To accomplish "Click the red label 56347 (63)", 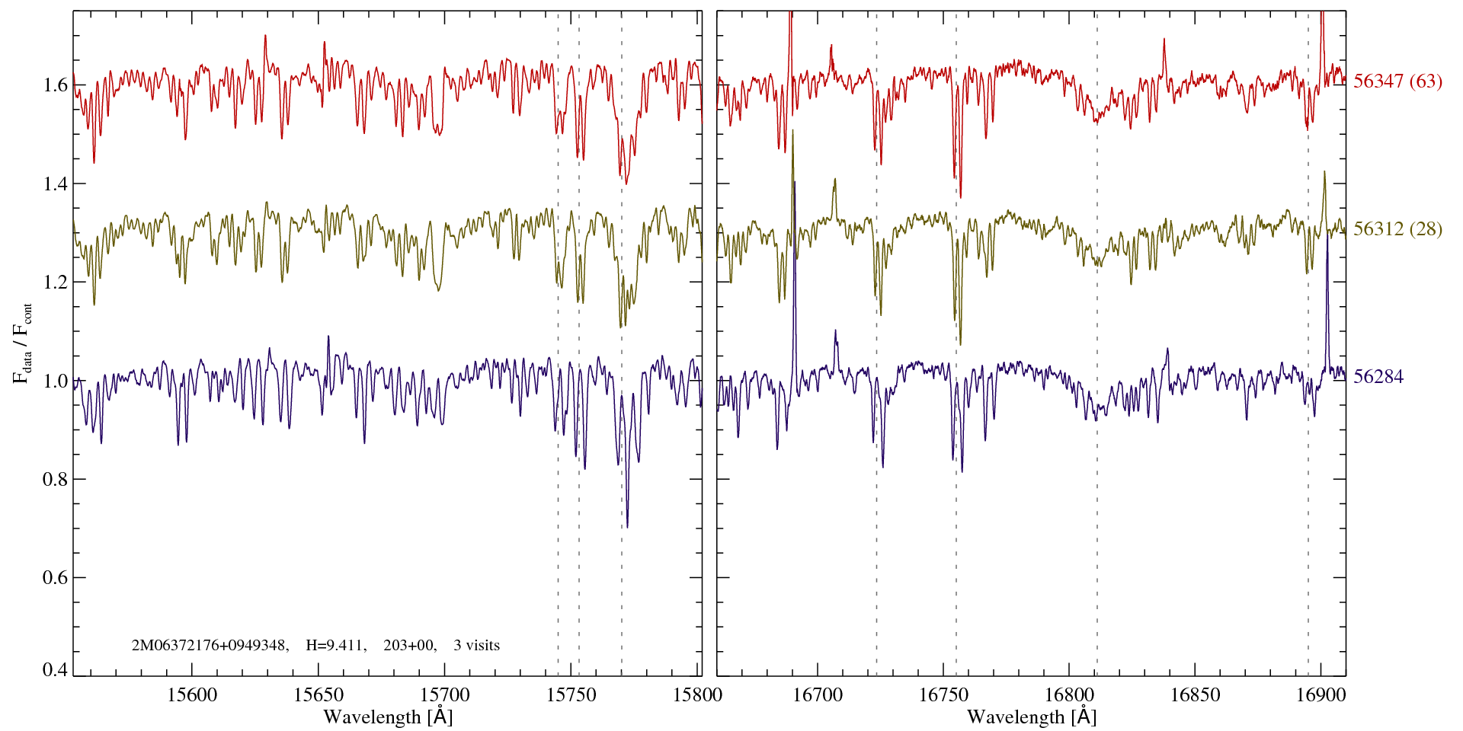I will (x=1397, y=81).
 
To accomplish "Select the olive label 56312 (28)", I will (x=1397, y=229).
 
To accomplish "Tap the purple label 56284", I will (x=1378, y=377).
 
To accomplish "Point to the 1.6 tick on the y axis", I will (x=56, y=85).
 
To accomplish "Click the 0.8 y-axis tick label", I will (x=56, y=480).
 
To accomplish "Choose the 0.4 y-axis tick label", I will (x=56, y=670).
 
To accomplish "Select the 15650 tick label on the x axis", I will (x=319, y=695).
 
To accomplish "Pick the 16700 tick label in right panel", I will (x=818, y=695).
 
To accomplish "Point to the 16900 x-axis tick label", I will (x=1320, y=695).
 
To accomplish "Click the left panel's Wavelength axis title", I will (x=387, y=717).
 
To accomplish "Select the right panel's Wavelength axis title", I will (x=1031, y=717).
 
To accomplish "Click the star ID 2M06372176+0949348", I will (x=210, y=646).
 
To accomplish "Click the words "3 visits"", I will (x=476, y=646).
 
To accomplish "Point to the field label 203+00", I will (x=409, y=646).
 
